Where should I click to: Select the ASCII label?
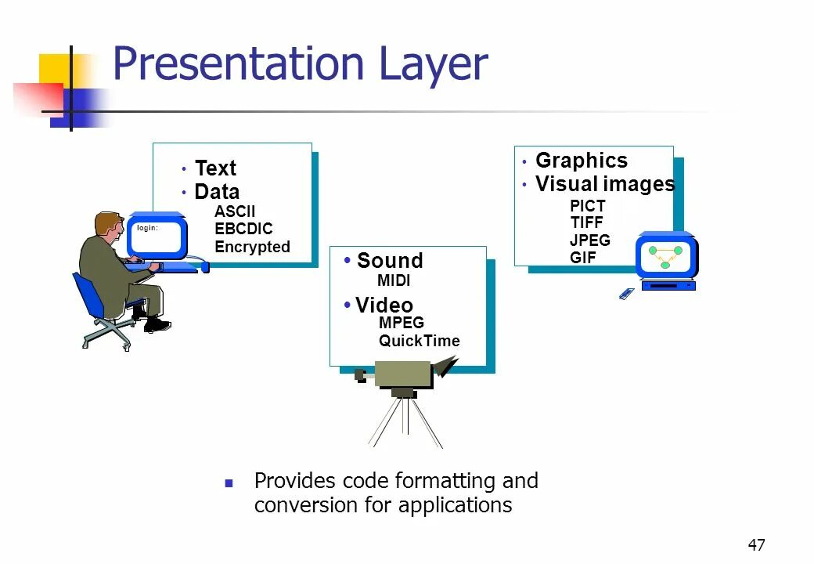coord(235,211)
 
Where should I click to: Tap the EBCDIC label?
coord(243,229)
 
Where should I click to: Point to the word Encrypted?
coord(252,247)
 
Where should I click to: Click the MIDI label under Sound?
coord(394,280)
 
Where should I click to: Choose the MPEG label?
coord(402,323)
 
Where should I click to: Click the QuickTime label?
coord(420,341)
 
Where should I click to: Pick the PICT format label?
coord(588,206)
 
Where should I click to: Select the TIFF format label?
coord(587,222)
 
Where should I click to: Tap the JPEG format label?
coord(590,240)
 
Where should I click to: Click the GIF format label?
coord(583,257)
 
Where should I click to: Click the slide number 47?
coord(756,545)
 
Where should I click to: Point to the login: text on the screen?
coord(147,228)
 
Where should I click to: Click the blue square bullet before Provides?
coord(229,483)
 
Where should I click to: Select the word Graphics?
coord(582,161)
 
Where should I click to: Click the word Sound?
coord(390,261)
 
